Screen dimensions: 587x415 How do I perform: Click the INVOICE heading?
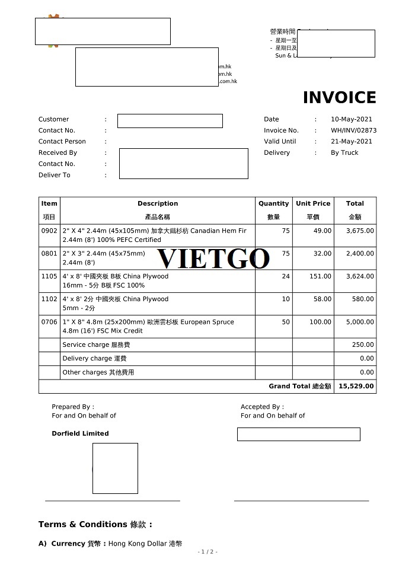pyautogui.click(x=339, y=97)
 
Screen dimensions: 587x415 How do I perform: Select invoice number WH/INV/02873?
pyautogui.click(x=353, y=130)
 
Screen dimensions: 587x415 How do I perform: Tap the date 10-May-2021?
pyautogui.click(x=352, y=119)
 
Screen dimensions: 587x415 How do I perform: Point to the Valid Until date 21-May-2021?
pyautogui.click(x=352, y=142)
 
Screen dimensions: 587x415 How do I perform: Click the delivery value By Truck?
pyautogui.click(x=344, y=153)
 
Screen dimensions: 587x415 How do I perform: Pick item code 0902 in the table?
pyautogui.click(x=49, y=231)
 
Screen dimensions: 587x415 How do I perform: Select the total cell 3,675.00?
pyautogui.click(x=360, y=231)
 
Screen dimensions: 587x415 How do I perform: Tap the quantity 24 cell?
pyautogui.click(x=286, y=276)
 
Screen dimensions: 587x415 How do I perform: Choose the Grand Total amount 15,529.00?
pyautogui.click(x=356, y=386)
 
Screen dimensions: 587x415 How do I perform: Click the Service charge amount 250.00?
pyautogui.click(x=363, y=344)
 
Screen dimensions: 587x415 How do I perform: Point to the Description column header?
pyautogui.click(x=158, y=203)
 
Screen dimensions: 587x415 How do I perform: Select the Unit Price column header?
pyautogui.click(x=313, y=203)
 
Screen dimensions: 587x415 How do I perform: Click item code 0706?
pyautogui.click(x=49, y=322)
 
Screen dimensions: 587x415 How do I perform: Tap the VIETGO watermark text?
pyautogui.click(x=213, y=259)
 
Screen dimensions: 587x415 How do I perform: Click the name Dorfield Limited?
pyautogui.click(x=80, y=433)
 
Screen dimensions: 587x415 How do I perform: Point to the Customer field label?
pyautogui.click(x=53, y=119)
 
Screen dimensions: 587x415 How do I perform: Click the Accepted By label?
pyautogui.click(x=262, y=407)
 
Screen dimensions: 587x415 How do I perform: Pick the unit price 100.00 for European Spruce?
pyautogui.click(x=320, y=322)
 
